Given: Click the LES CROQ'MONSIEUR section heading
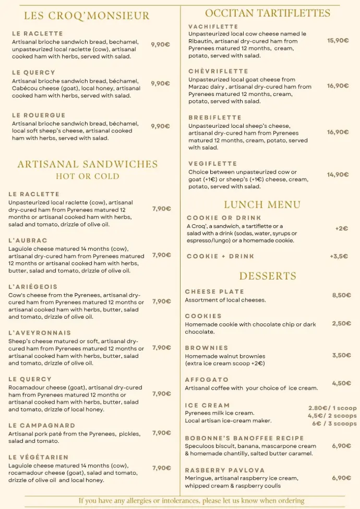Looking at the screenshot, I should [87, 16].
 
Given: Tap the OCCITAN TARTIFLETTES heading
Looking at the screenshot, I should [268, 13].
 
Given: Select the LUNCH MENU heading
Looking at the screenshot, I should [262, 204].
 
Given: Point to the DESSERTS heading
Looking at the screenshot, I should [268, 276].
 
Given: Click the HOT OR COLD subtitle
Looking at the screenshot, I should [88, 176].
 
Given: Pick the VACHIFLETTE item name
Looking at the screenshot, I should [213, 27].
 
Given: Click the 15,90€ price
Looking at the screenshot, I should [338, 40].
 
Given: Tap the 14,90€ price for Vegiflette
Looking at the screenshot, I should [338, 175].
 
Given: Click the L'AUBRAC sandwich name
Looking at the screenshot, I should [28, 240].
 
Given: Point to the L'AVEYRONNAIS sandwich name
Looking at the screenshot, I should [40, 332].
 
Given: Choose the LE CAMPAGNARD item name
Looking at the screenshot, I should [42, 426].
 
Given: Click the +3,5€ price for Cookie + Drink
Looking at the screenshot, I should [339, 256].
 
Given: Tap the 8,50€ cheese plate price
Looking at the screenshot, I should [341, 295].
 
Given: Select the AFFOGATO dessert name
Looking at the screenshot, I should [207, 380].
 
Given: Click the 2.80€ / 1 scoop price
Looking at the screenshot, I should [332, 408].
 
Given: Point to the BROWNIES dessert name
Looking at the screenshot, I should [207, 348].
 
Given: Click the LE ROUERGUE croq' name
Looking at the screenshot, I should [39, 115].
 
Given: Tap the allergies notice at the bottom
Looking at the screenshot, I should [191, 501].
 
